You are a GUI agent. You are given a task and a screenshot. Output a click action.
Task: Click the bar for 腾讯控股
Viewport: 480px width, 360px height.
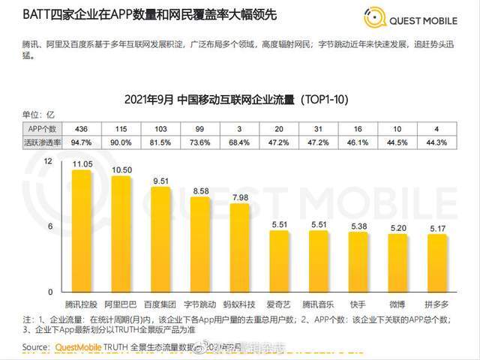(81, 231)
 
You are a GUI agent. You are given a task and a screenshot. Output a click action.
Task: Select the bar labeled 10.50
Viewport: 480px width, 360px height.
(120, 234)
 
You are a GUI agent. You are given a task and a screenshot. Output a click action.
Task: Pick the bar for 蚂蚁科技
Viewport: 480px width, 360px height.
(239, 248)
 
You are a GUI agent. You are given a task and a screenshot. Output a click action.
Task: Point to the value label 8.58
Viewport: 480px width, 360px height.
(199, 192)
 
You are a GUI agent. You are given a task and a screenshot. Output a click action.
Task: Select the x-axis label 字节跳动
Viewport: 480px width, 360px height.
(199, 304)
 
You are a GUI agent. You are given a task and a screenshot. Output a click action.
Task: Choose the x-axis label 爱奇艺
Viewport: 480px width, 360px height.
(279, 304)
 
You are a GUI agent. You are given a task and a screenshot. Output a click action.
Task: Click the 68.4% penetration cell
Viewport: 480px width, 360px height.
(239, 142)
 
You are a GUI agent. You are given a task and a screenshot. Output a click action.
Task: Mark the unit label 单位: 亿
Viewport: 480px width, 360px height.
(39, 115)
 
